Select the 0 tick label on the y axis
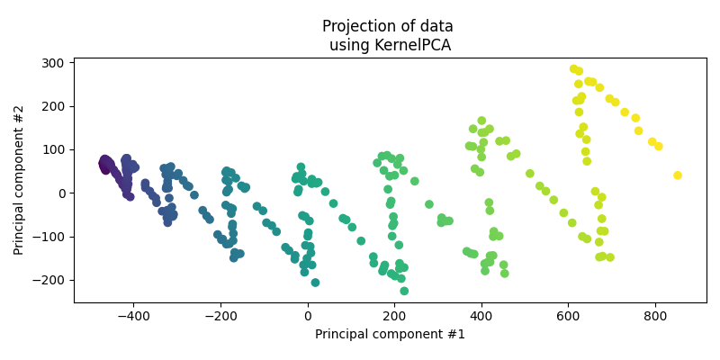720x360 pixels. coord(61,193)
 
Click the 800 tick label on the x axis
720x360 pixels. coord(654,317)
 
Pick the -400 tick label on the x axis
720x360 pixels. coord(134,317)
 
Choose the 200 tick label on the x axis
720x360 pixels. coord(394,317)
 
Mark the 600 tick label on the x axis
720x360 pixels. coord(568,317)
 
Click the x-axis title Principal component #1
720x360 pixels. coord(390,335)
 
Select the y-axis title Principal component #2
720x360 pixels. coord(19,180)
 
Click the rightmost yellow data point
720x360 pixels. coord(678,175)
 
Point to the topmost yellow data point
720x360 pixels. coord(574,69)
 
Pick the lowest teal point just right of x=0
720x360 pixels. coord(315,283)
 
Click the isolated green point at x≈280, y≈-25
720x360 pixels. coord(429,204)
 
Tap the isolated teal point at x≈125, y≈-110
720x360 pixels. coord(361,241)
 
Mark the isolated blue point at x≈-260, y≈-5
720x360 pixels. coord(194,195)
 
